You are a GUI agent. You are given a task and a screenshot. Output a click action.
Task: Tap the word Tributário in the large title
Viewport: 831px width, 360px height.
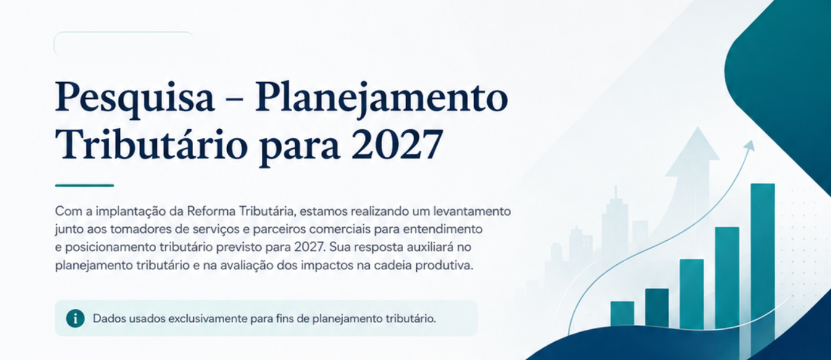[151, 144]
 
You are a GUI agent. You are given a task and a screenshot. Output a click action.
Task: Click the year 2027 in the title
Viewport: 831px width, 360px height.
[398, 144]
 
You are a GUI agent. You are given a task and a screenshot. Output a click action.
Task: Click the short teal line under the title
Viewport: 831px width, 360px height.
[84, 185]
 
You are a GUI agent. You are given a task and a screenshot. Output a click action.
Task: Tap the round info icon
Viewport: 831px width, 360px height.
[75, 319]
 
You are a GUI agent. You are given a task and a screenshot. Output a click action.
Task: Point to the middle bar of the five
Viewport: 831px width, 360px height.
[691, 294]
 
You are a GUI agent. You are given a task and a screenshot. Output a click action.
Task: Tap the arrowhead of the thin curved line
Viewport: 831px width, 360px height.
[750, 145]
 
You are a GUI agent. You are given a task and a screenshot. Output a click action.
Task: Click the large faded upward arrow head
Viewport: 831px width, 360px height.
[692, 152]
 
